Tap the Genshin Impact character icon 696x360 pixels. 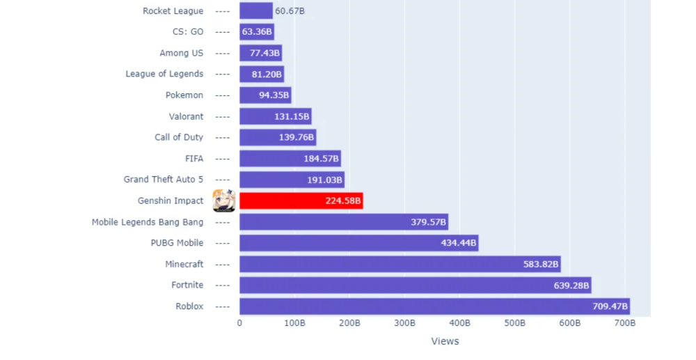(x=224, y=201)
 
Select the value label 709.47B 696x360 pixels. (x=608, y=306)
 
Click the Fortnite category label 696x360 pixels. (x=187, y=285)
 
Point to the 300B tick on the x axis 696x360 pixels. (x=404, y=324)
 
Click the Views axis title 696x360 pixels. (x=445, y=341)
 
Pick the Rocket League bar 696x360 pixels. (x=255, y=11)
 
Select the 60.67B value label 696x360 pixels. (x=290, y=11)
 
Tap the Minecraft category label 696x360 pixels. (x=184, y=264)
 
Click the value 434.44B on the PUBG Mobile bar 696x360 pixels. (x=459, y=243)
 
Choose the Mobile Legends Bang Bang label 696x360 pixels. (x=148, y=222)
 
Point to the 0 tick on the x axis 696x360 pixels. (x=239, y=324)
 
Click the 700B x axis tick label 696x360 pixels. (x=624, y=324)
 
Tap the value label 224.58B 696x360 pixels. (x=343, y=201)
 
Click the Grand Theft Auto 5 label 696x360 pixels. (x=164, y=180)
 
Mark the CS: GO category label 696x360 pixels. (x=188, y=32)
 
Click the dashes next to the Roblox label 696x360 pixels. (x=223, y=306)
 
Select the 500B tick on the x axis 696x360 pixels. (x=514, y=324)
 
